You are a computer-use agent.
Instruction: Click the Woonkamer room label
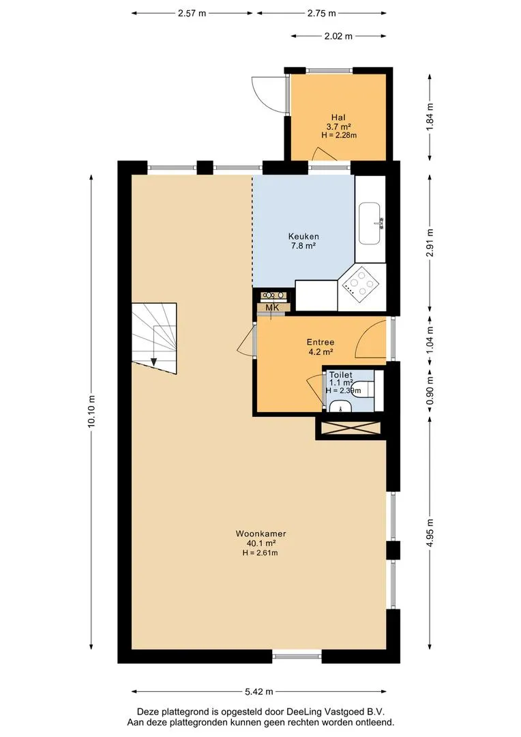pos(260,534)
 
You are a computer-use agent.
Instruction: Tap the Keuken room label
pos(303,236)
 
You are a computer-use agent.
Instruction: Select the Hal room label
pos(338,117)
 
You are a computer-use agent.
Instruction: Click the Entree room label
pos(321,342)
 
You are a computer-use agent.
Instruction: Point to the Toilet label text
pos(340,375)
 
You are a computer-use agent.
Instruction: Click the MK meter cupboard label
pos(273,307)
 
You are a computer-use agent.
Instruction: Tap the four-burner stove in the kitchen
pos(360,285)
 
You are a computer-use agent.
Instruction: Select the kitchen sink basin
pos(369,224)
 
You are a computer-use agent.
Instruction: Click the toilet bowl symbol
pos(362,390)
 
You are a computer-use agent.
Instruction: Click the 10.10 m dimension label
pos(91,411)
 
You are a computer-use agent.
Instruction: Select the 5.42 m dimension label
pos(259,691)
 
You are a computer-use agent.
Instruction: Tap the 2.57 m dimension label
pos(192,13)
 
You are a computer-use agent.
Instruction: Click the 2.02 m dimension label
pos(338,35)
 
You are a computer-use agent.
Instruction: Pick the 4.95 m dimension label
pos(430,532)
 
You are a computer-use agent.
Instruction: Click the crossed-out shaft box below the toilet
pos(350,428)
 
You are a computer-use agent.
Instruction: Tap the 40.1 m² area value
pos(260,543)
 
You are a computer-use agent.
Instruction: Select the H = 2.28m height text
pos(339,135)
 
